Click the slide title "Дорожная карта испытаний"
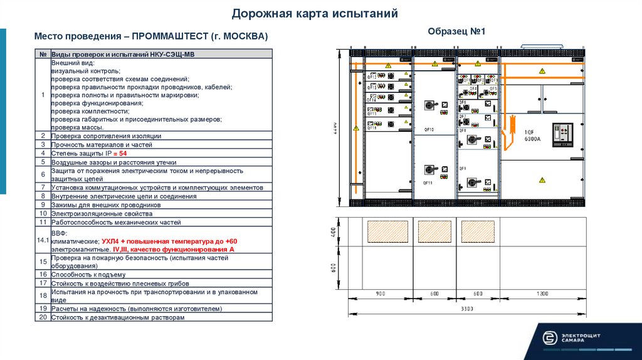[314, 13]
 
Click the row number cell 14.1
[43, 240]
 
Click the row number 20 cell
[43, 317]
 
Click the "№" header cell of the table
[43, 55]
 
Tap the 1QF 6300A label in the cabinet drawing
[533, 135]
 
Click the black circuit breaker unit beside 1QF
[562, 135]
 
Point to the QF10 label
[428, 129]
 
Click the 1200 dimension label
[541, 294]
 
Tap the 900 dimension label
[380, 294]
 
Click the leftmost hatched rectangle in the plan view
[387, 231]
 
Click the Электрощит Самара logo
[571, 337]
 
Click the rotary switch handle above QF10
[429, 105]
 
